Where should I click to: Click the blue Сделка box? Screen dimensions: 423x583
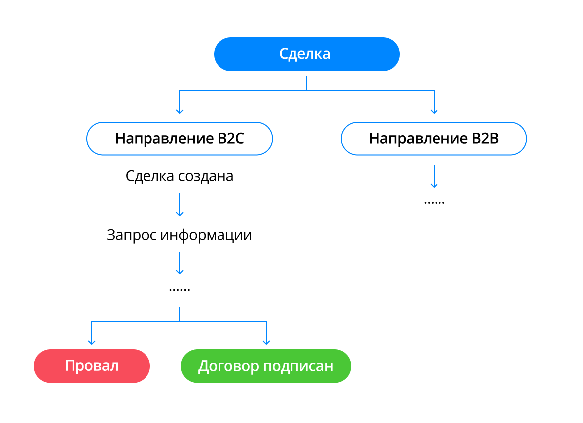(306, 54)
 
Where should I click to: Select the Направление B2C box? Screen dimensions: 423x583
(179, 138)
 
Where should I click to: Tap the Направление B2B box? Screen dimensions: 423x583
(434, 138)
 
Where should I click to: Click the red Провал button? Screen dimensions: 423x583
(92, 366)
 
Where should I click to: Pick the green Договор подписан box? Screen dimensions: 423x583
(266, 366)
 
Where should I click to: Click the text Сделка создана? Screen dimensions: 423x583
(179, 176)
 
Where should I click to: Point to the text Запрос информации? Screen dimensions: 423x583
(179, 235)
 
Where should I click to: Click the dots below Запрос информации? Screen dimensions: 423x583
(179, 289)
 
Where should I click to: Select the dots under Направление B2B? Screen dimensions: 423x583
(434, 202)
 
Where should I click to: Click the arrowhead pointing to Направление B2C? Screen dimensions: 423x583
(180, 111)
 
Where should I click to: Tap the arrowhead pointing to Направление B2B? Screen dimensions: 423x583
(434, 111)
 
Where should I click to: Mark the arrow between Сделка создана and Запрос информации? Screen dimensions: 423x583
(179, 205)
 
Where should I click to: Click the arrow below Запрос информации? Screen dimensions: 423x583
(179, 263)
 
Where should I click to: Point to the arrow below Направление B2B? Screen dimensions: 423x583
(434, 176)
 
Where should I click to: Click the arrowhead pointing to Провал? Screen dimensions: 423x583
(91, 341)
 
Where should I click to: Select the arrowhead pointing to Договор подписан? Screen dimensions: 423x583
(266, 341)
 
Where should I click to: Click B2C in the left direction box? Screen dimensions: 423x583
(230, 138)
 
